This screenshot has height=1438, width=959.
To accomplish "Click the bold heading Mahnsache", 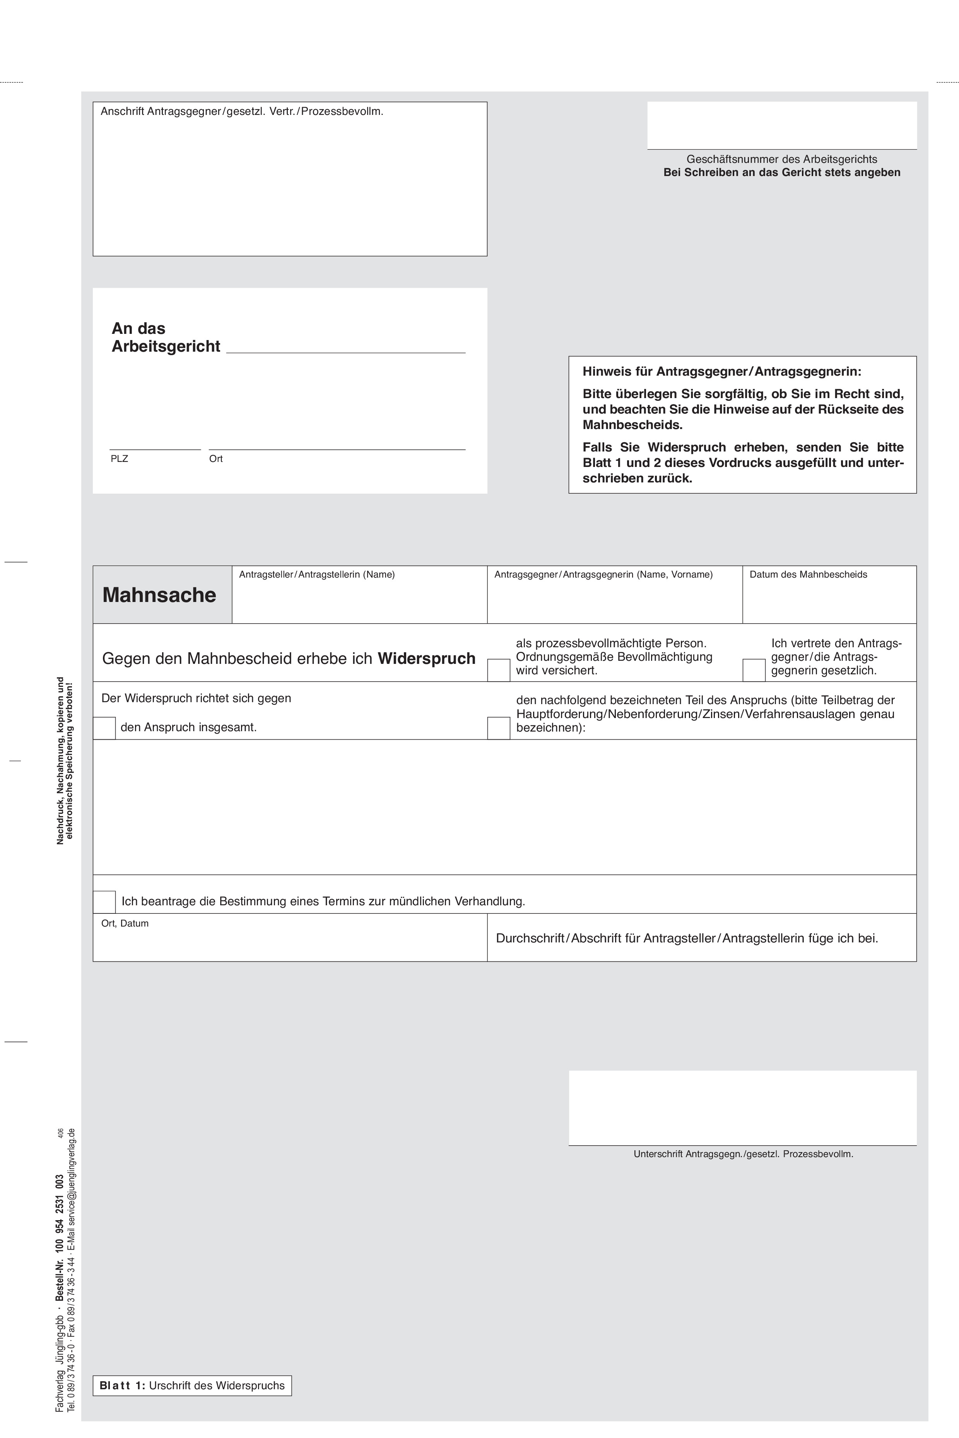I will [x=159, y=595].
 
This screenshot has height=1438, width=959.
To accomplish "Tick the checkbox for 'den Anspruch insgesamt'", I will [x=104, y=728].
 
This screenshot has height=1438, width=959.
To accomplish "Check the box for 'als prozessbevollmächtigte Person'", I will [x=499, y=670].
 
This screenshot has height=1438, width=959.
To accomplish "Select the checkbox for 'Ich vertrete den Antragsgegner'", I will [x=754, y=670].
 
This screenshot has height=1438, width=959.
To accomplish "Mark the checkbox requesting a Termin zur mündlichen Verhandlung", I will [x=104, y=901].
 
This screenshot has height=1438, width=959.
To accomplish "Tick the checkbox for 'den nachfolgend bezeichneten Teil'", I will [x=499, y=728].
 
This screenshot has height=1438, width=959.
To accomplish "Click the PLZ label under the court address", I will [x=119, y=459].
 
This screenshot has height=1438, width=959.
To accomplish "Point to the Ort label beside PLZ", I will [x=216, y=459].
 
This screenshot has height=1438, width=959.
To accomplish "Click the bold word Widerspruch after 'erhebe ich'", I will [x=426, y=659].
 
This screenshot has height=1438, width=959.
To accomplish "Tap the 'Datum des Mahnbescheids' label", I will [x=808, y=575].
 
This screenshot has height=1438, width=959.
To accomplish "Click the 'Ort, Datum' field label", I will [x=125, y=923].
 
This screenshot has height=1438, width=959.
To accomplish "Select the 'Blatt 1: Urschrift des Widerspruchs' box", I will [x=192, y=1385].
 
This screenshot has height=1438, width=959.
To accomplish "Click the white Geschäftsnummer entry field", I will [x=782, y=125].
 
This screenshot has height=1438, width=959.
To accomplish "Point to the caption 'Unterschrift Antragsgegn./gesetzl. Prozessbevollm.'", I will [x=743, y=1154].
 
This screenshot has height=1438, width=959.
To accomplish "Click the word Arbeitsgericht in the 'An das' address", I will [x=166, y=347].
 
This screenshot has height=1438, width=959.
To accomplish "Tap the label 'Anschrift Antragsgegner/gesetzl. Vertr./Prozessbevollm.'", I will [x=241, y=111].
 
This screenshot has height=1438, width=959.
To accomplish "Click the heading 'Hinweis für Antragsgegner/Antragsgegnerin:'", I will [x=722, y=371].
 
